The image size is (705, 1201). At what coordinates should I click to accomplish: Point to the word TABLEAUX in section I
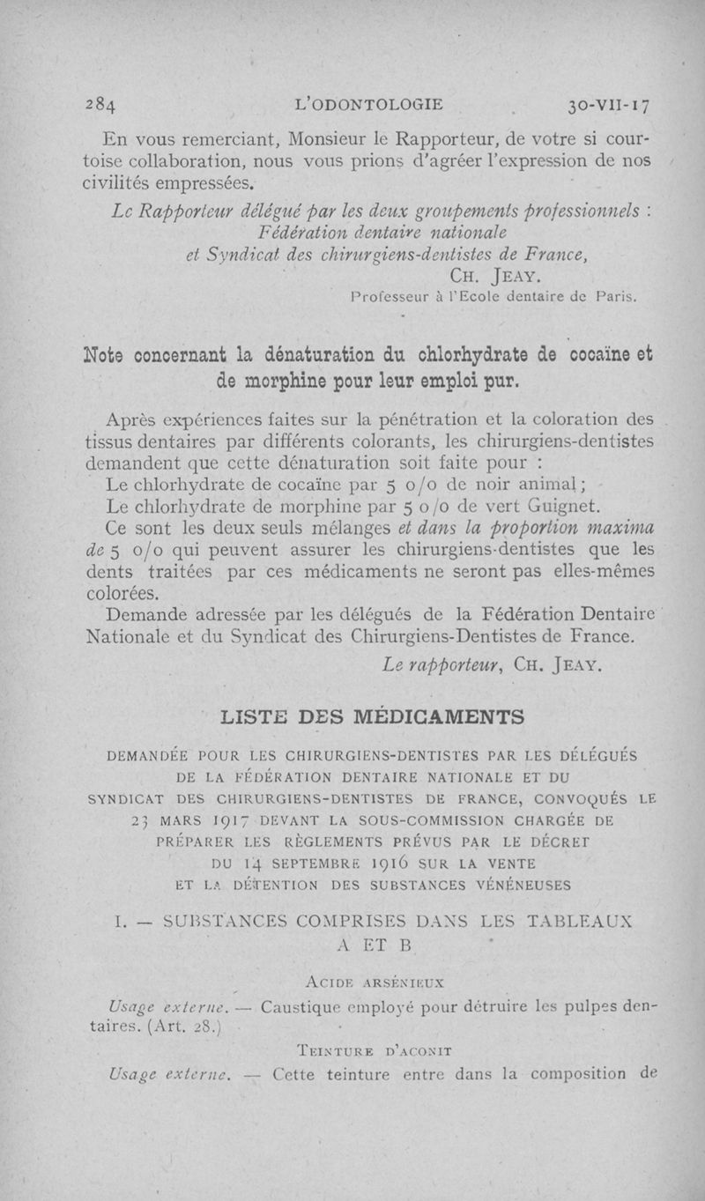point(589,922)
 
